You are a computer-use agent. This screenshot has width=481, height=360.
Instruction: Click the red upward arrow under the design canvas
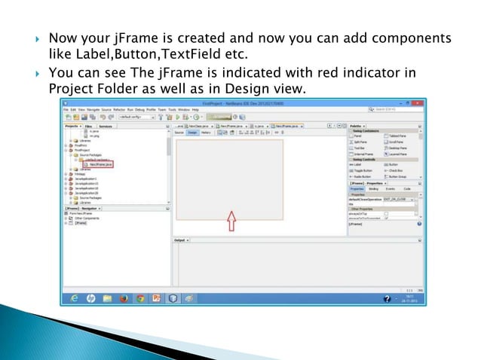(231, 220)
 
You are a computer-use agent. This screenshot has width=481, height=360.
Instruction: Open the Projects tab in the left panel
(72, 127)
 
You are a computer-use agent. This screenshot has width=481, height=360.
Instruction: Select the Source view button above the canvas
(179, 133)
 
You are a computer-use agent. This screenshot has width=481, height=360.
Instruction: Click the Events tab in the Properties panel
(390, 189)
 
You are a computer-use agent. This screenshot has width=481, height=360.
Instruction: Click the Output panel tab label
(180, 240)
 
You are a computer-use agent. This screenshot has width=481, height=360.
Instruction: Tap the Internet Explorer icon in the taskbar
(74, 298)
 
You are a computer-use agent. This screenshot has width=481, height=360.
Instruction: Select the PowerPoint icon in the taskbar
(157, 298)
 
